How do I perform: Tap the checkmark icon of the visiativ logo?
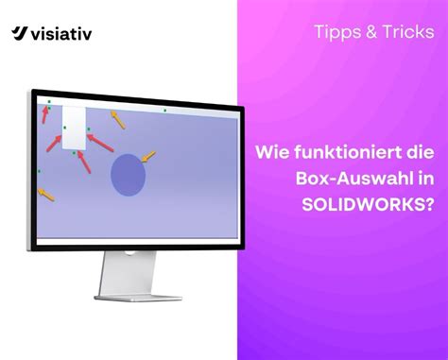[20, 35]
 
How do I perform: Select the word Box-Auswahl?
[355, 178]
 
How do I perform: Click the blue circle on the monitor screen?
[129, 175]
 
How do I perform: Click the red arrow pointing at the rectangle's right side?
[102, 141]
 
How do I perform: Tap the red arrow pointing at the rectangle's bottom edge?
[84, 162]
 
